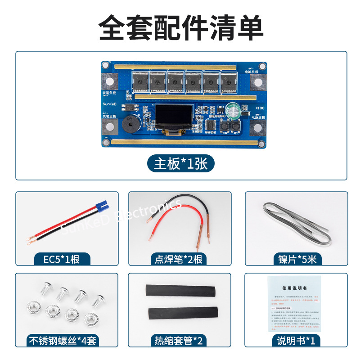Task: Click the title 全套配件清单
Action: pos(180,28)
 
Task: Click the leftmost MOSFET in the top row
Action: pos(141,81)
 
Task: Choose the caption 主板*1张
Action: pos(180,164)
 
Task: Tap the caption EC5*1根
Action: pos(63,260)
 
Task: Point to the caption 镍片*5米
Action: pos(297,260)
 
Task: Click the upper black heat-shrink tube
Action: pos(180,291)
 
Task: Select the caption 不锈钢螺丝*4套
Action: pos(67,341)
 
